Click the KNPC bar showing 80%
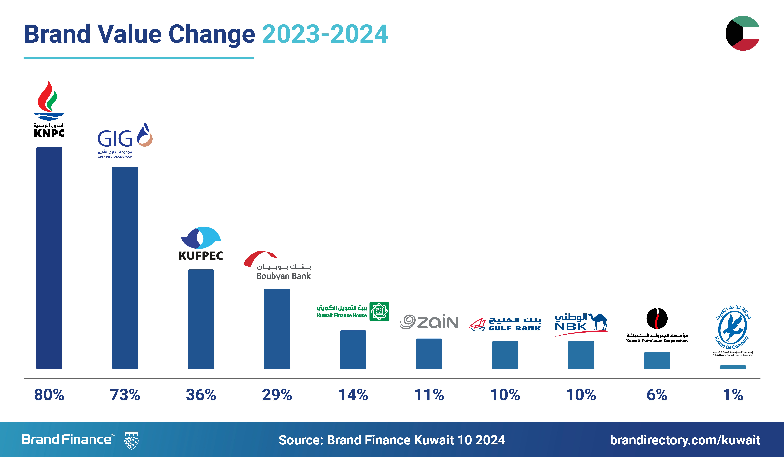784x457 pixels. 49,258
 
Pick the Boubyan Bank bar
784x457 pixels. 277,329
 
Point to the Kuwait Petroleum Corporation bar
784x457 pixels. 657,361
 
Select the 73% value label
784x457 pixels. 125,395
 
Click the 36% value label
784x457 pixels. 201,395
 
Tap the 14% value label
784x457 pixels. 353,395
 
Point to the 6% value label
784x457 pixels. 657,395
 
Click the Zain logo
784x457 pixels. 429,322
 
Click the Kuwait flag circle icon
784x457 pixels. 743,33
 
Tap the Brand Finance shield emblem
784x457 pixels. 131,440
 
